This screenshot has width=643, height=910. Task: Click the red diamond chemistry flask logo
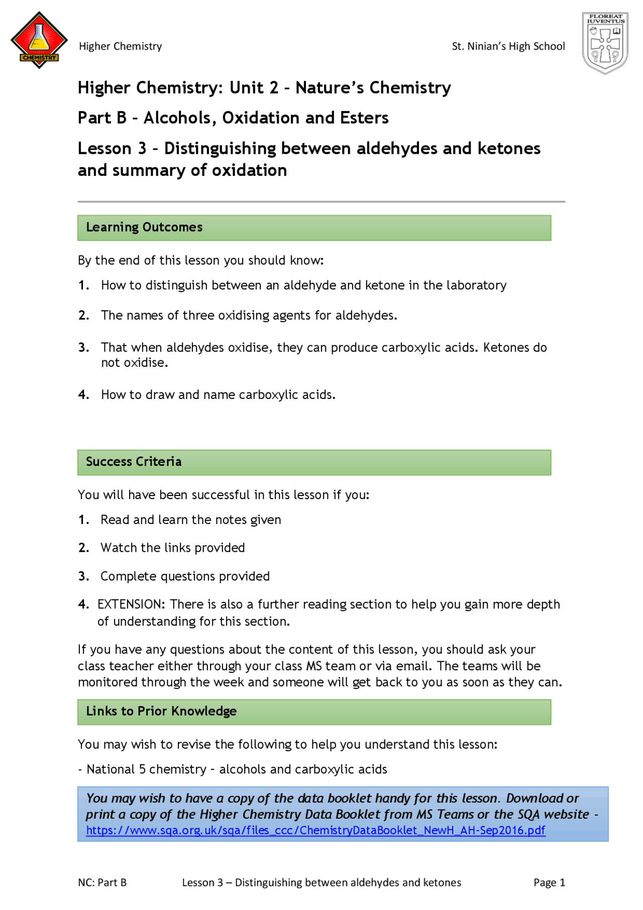[39, 40]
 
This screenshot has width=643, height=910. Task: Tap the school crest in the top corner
[605, 43]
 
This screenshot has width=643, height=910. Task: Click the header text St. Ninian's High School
[508, 46]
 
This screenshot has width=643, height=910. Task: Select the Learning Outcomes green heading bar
[314, 228]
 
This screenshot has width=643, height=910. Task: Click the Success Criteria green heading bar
[314, 462]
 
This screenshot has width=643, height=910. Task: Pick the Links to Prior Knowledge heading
[161, 712]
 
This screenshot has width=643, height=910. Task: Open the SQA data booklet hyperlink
[315, 831]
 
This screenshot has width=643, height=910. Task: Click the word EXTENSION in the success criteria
[131, 604]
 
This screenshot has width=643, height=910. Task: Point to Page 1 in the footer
[549, 882]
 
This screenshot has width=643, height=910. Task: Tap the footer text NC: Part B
[102, 882]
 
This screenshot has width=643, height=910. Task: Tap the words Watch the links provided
[172, 548]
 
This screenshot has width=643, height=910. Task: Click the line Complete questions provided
[185, 576]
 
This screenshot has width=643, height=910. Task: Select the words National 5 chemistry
[146, 769]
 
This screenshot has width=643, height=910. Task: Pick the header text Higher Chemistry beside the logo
[120, 46]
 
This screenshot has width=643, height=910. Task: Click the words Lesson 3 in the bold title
[112, 149]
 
